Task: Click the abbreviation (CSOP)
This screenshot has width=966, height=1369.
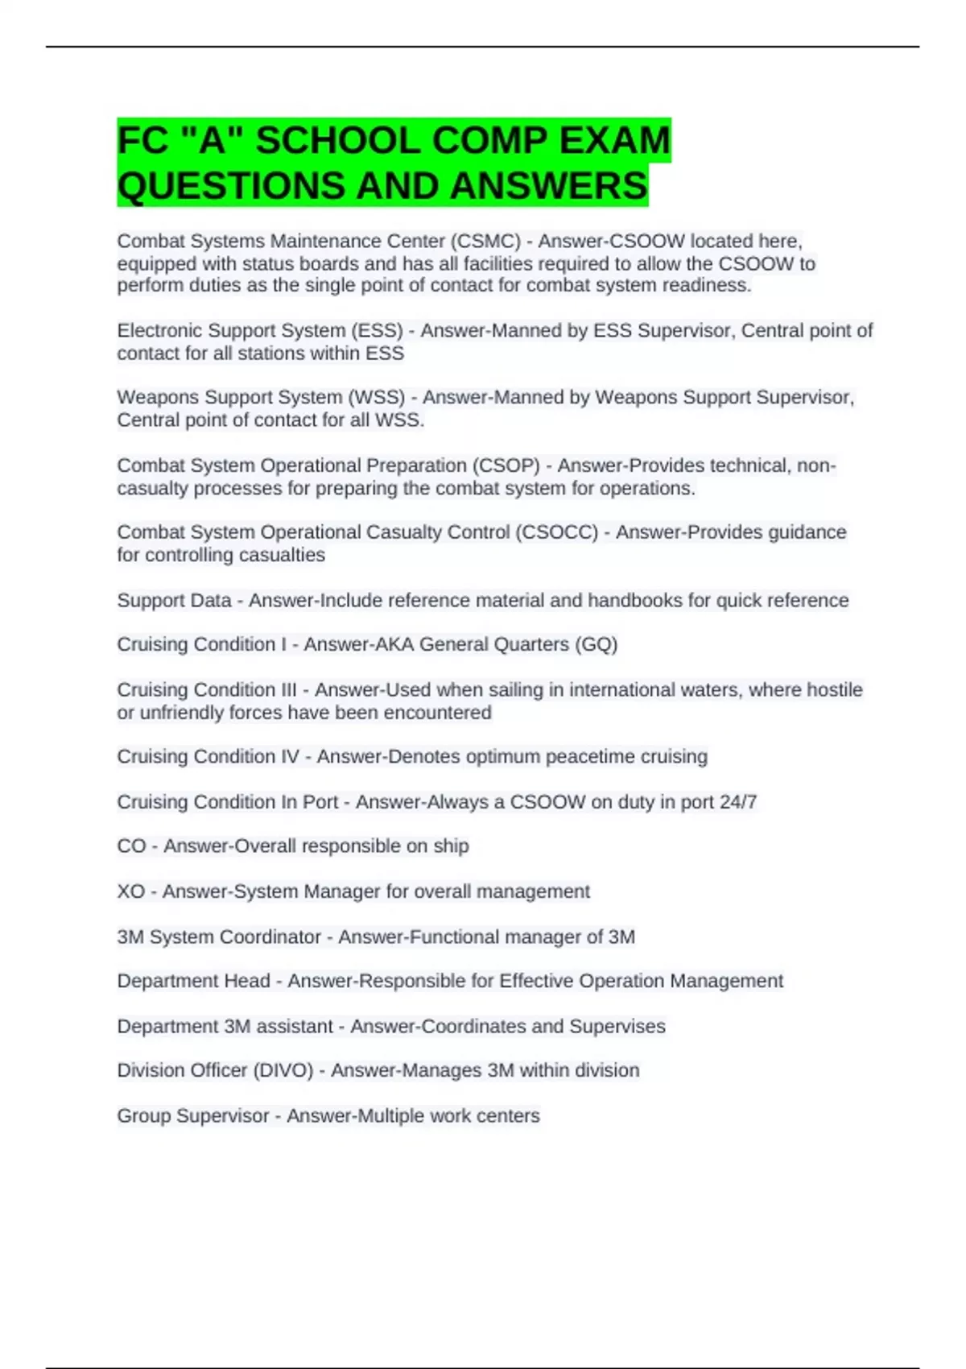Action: [506, 465]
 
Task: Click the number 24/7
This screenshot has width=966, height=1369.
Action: [738, 802]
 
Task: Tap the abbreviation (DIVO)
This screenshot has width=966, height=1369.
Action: [283, 1070]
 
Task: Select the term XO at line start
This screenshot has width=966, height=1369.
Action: [130, 891]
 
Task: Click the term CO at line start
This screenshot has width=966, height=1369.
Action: [131, 846]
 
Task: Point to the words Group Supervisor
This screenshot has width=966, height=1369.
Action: [192, 1116]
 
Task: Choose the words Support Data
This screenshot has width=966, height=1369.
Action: [173, 601]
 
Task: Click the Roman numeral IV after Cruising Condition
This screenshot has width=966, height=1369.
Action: [289, 757]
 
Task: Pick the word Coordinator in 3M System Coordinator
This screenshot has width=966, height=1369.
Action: [270, 937]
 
